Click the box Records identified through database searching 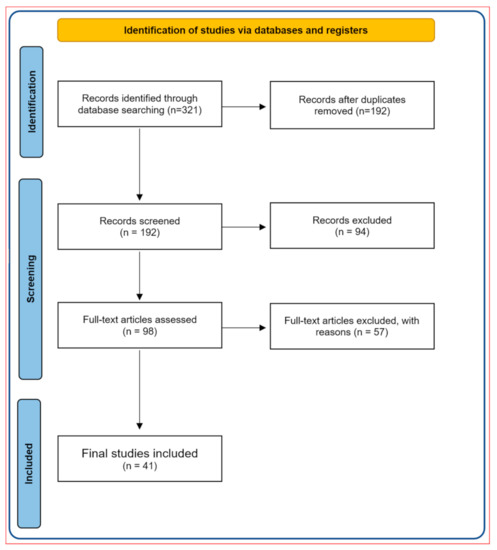pyautogui.click(x=139, y=103)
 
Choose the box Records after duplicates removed pyautogui.click(x=343, y=103)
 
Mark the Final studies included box pyautogui.click(x=139, y=459)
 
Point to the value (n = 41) pyautogui.click(x=139, y=467)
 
